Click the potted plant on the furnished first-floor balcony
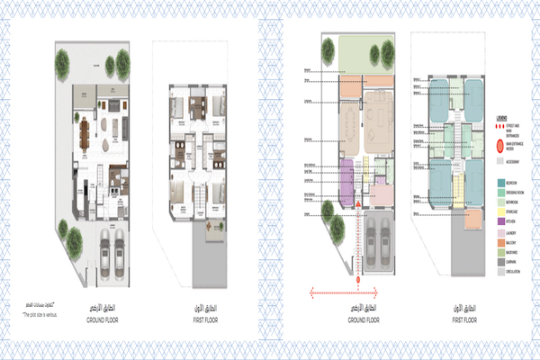pyautogui.click(x=213, y=225)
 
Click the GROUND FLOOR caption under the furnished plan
pyautogui.click(x=102, y=320)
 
